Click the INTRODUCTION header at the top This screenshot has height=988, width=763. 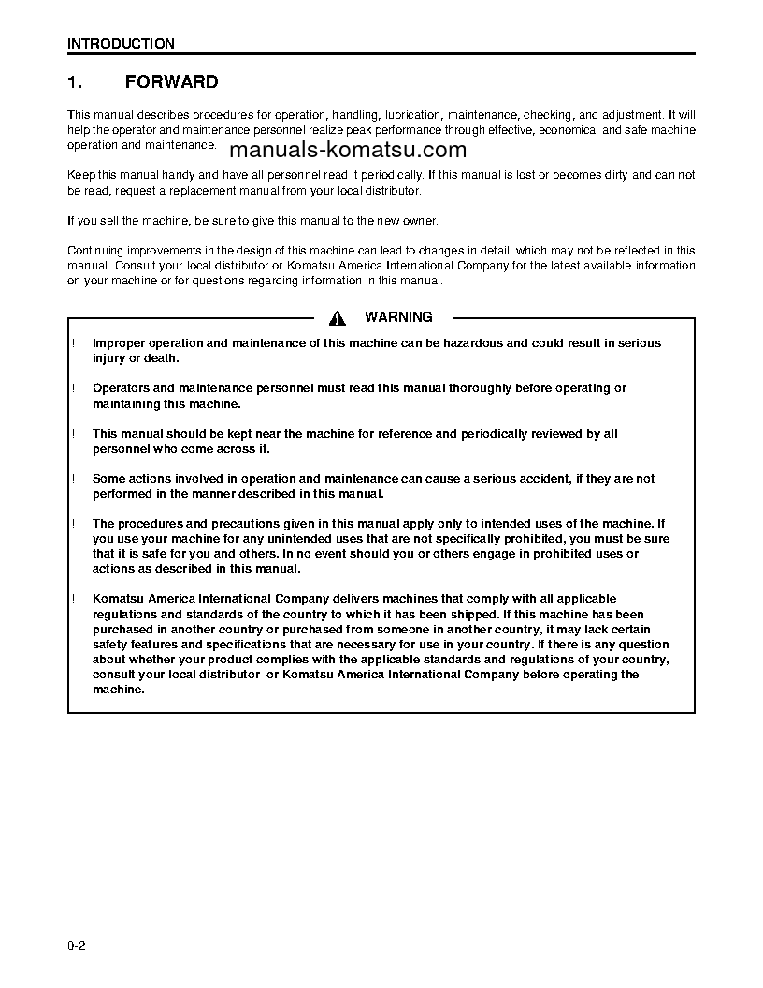(x=121, y=44)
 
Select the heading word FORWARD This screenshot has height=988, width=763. (x=171, y=82)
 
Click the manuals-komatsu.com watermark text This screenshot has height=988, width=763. (x=347, y=152)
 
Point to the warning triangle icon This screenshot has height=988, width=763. (x=338, y=318)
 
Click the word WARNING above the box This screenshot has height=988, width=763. (x=398, y=317)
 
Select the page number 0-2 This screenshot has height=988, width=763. (x=77, y=947)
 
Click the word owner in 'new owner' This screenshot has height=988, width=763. (x=417, y=220)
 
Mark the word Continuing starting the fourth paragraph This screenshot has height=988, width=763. (x=96, y=251)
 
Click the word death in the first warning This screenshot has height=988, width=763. (x=161, y=358)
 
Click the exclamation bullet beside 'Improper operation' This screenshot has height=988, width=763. (x=73, y=343)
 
